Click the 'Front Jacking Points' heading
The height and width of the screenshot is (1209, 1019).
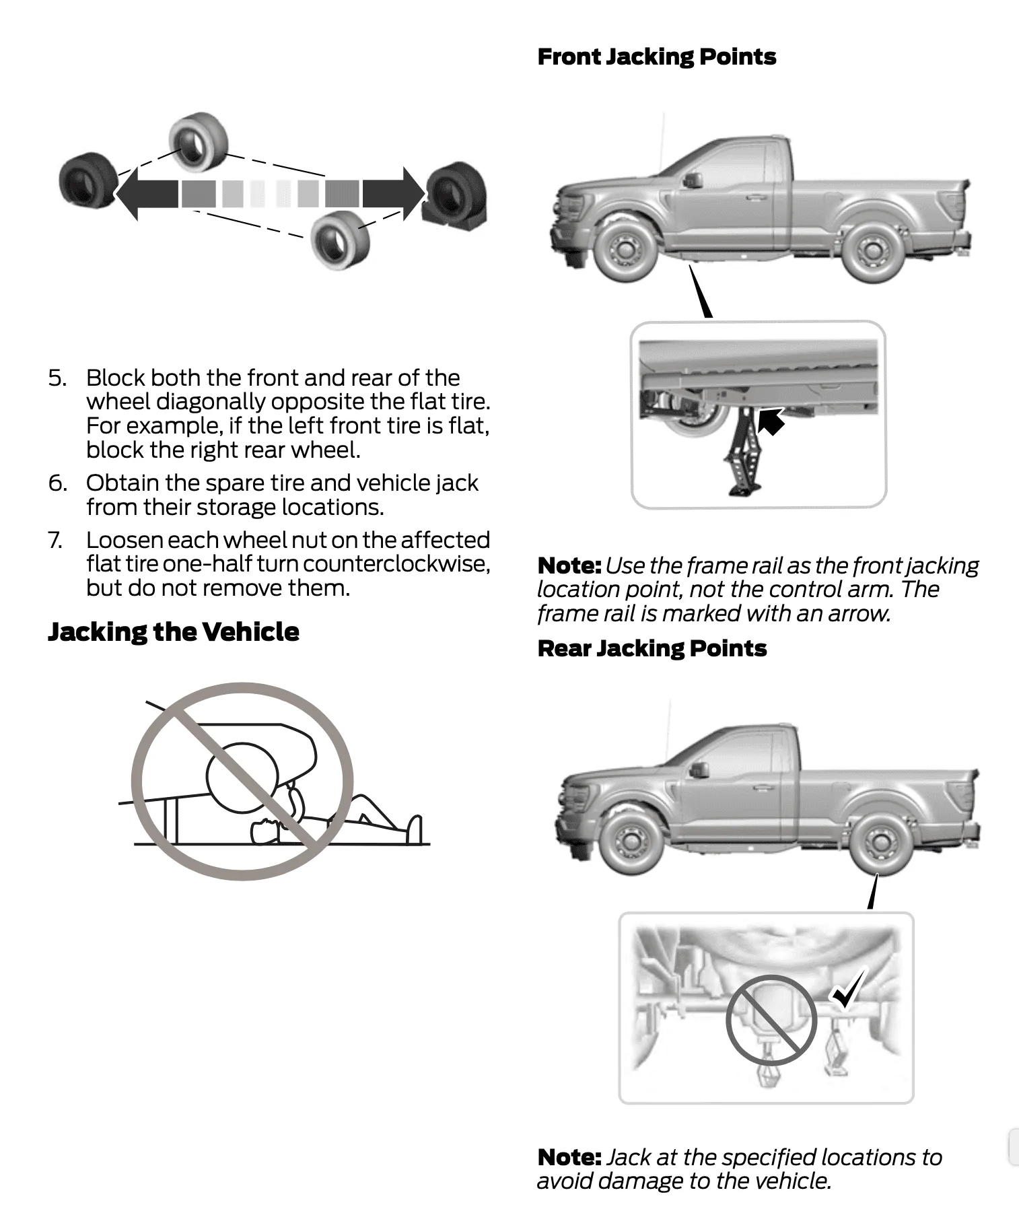point(656,57)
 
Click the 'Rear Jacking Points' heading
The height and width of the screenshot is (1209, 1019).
point(652,648)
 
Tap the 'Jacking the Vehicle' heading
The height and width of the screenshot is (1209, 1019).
point(173,631)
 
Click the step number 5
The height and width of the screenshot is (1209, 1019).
point(57,378)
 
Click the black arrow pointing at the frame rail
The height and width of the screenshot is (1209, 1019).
point(772,421)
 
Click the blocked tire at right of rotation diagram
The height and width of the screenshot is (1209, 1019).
point(455,195)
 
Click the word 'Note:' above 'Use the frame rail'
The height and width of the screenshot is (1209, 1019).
point(569,565)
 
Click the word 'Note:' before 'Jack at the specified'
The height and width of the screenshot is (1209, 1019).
point(569,1157)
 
